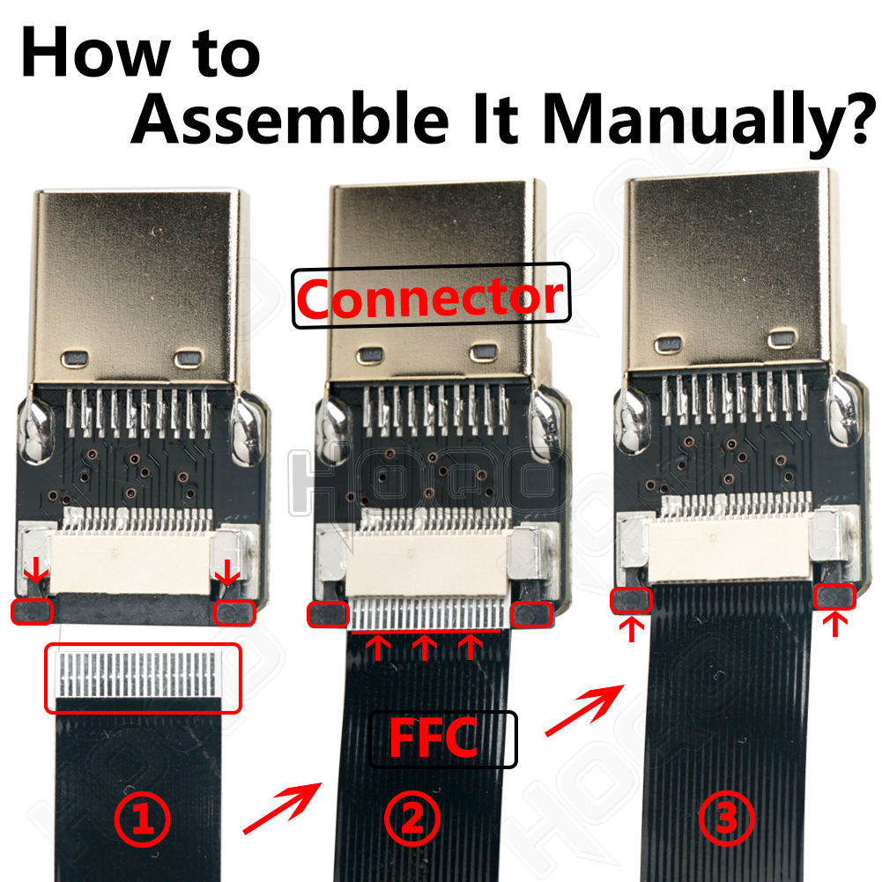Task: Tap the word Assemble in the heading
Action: [291, 118]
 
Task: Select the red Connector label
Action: [430, 296]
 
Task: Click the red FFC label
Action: [434, 738]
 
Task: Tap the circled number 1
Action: [143, 819]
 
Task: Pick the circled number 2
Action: [413, 818]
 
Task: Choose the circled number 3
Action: [726, 818]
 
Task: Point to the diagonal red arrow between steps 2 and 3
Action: [585, 710]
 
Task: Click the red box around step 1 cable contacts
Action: [143, 678]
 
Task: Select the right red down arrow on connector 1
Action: [228, 572]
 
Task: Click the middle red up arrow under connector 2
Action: [425, 648]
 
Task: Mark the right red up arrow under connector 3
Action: [835, 625]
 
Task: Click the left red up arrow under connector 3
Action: [632, 629]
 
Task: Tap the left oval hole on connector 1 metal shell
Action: [75, 359]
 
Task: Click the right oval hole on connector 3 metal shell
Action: [782, 338]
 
